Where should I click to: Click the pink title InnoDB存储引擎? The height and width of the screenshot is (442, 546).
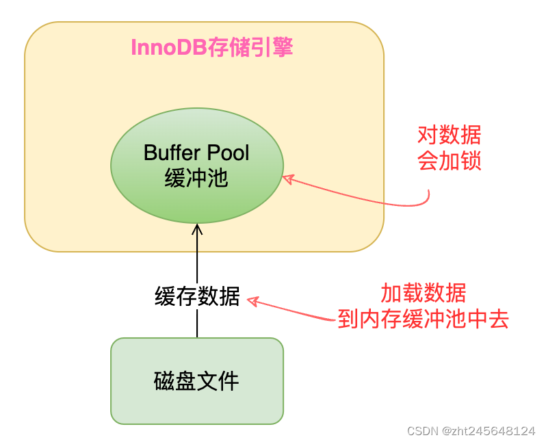pyautogui.click(x=211, y=48)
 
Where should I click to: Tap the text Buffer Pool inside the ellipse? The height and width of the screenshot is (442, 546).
pyautogui.click(x=197, y=152)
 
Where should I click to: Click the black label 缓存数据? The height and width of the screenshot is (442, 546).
pyautogui.click(x=197, y=297)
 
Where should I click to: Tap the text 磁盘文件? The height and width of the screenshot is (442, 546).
pyautogui.click(x=197, y=381)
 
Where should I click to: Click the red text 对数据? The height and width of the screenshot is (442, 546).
pyautogui.click(x=449, y=134)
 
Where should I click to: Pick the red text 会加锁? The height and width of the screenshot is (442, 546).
pyautogui.click(x=449, y=161)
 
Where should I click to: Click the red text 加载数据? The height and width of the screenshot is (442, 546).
pyautogui.click(x=424, y=294)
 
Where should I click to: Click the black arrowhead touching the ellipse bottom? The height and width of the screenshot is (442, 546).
pyautogui.click(x=197, y=229)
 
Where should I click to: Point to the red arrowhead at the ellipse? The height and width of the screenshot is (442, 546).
pyautogui.click(x=287, y=179)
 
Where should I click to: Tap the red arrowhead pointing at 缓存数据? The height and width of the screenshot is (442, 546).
pyautogui.click(x=252, y=301)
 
